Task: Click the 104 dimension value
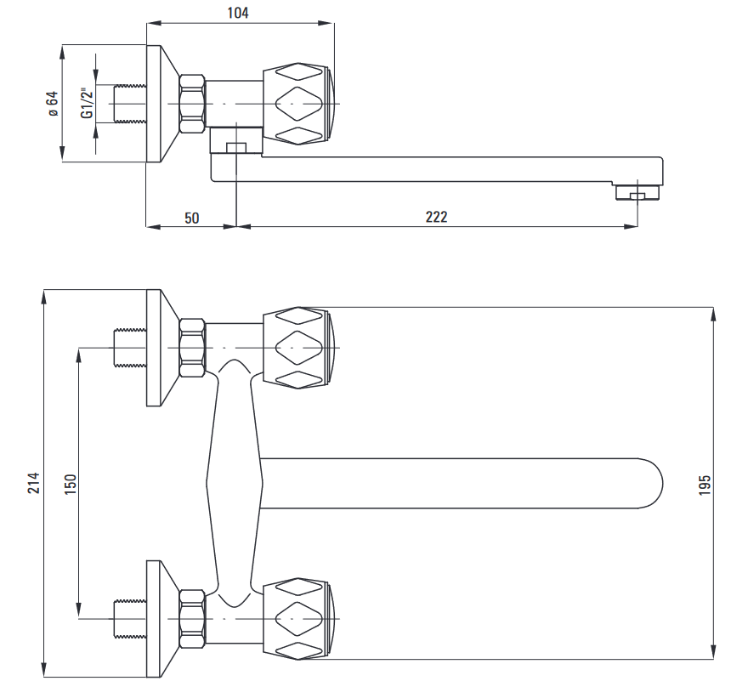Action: (238, 13)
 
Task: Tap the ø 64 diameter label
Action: (53, 104)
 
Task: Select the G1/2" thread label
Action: (88, 103)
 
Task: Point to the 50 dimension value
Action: (191, 218)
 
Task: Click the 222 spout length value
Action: (436, 217)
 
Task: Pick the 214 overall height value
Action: (33, 483)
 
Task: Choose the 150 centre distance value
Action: (70, 484)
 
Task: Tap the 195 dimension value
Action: (705, 485)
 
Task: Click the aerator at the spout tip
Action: (637, 192)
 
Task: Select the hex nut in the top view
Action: (193, 104)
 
